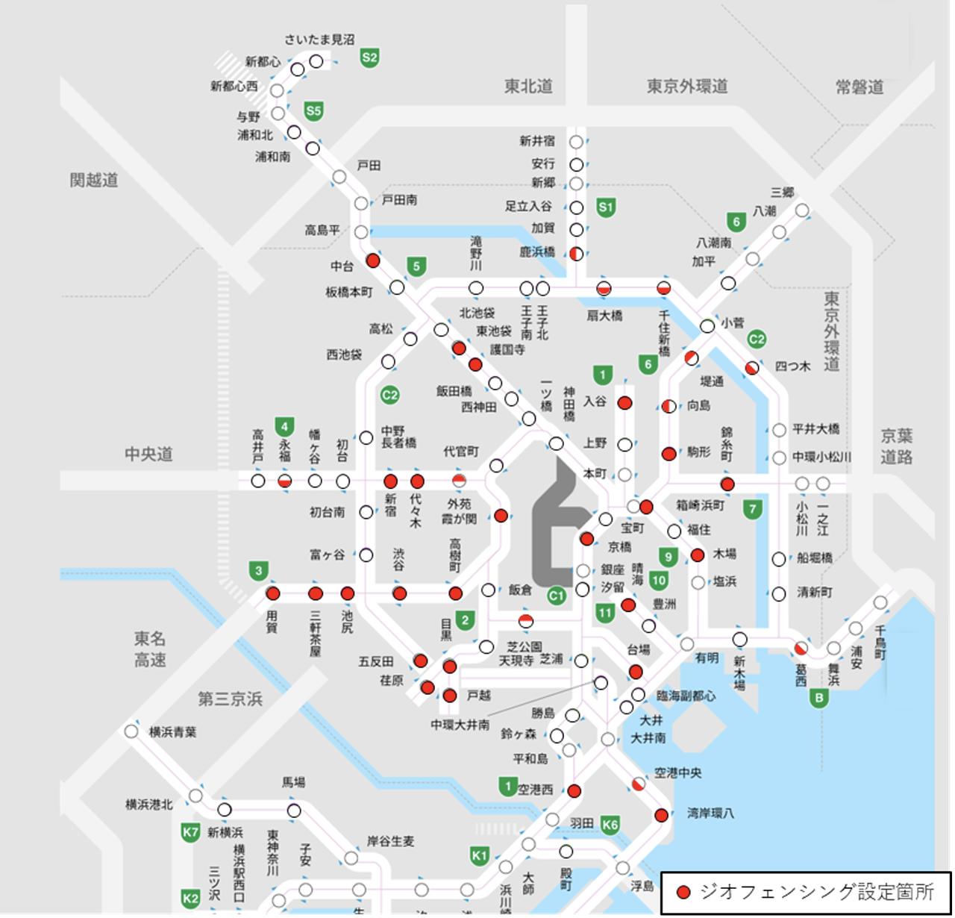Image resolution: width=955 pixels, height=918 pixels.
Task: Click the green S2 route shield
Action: (x=369, y=57)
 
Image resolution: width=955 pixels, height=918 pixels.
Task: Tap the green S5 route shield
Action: (x=313, y=112)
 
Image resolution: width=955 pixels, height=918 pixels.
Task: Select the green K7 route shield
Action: (x=190, y=832)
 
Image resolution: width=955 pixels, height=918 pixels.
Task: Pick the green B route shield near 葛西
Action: (x=819, y=698)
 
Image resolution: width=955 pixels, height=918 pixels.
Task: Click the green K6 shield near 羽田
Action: (x=610, y=824)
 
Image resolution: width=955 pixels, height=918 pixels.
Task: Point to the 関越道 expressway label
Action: (x=94, y=180)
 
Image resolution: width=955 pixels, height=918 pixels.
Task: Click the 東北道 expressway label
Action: (x=528, y=87)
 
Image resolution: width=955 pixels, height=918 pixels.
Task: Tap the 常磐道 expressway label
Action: (x=859, y=87)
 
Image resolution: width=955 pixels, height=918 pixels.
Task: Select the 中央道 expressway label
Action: (x=148, y=454)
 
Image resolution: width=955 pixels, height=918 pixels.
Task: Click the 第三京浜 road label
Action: (x=230, y=699)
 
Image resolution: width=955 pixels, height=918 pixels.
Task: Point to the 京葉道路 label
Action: (x=896, y=446)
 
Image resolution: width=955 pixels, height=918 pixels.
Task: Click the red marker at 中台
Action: (x=373, y=260)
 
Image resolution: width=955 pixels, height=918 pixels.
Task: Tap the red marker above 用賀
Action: (x=273, y=594)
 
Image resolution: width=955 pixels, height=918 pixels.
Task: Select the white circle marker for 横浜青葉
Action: (x=131, y=731)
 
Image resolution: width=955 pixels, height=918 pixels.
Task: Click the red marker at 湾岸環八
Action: (x=661, y=815)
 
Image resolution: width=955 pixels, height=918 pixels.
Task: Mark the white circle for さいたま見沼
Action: (x=316, y=61)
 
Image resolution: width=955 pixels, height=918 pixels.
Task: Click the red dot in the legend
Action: (x=683, y=892)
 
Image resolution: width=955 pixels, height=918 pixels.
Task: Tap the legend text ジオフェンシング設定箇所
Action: (x=816, y=892)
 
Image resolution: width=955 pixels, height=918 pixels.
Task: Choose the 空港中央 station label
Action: (x=677, y=773)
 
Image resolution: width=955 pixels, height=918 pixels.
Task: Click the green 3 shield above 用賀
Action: (x=258, y=572)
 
